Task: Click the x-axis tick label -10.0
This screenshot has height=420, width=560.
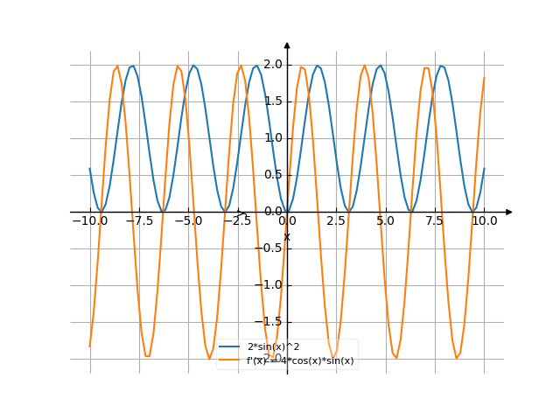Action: pyautogui.click(x=89, y=222)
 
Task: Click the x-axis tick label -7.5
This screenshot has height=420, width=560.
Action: pyautogui.click(x=138, y=222)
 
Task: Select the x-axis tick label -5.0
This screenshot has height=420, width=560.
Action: pyautogui.click(x=188, y=222)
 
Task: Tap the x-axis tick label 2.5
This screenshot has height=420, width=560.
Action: pyautogui.click(x=336, y=222)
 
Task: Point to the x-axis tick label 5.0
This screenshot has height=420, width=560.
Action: pyautogui.click(x=386, y=222)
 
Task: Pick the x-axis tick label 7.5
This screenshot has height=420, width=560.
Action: pyautogui.click(x=435, y=222)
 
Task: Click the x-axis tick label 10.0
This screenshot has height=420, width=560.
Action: pyautogui.click(x=484, y=222)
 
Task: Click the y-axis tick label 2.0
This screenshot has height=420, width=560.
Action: pyautogui.click(x=272, y=64)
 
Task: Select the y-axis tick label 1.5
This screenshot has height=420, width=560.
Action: pyautogui.click(x=272, y=101)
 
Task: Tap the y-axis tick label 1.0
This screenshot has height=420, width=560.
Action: pyautogui.click(x=272, y=137)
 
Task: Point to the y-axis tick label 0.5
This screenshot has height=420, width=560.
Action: pyautogui.click(x=272, y=174)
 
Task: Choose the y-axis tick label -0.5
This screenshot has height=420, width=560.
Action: pyautogui.click(x=270, y=248)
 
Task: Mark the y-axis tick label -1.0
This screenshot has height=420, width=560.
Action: pyautogui.click(x=270, y=284)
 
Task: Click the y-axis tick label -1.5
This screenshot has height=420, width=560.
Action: pyautogui.click(x=270, y=321)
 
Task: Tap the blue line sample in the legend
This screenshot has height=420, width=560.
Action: pyautogui.click(x=230, y=348)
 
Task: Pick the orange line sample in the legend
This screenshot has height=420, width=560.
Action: pyautogui.click(x=230, y=360)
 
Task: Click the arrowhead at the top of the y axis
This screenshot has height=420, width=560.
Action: pyautogui.click(x=287, y=45)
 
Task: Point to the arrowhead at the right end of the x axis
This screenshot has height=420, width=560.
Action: pyautogui.click(x=508, y=212)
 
